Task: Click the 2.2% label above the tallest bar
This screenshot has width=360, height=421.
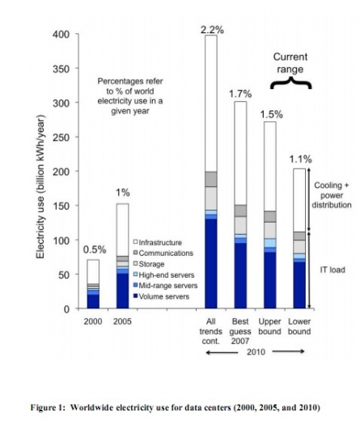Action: tap(212, 30)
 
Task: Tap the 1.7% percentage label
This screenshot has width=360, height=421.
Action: tap(240, 94)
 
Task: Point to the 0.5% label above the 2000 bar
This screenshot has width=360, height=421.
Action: tap(95, 249)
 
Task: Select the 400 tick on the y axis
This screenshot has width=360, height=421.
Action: tap(61, 35)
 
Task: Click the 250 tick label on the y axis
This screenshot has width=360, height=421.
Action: tap(61, 138)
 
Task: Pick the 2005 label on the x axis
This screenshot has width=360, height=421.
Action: tap(122, 321)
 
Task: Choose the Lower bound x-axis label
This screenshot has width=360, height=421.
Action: tap(299, 326)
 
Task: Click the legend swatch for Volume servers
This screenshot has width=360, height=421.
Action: tap(135, 296)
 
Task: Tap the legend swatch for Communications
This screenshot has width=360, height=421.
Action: tap(135, 253)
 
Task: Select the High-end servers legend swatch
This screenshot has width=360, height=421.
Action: tap(135, 274)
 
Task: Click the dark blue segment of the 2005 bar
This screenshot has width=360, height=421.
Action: tap(122, 291)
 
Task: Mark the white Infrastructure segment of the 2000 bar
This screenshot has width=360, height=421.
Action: tap(93, 271)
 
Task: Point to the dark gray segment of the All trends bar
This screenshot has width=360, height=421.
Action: tap(211, 179)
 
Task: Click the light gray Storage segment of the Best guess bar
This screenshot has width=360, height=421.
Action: tap(240, 225)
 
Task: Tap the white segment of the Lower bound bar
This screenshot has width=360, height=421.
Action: tap(299, 200)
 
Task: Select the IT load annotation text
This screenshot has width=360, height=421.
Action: tap(332, 270)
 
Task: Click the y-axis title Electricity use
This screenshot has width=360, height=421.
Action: tap(40, 187)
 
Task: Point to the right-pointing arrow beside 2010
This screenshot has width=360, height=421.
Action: tap(288, 351)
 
